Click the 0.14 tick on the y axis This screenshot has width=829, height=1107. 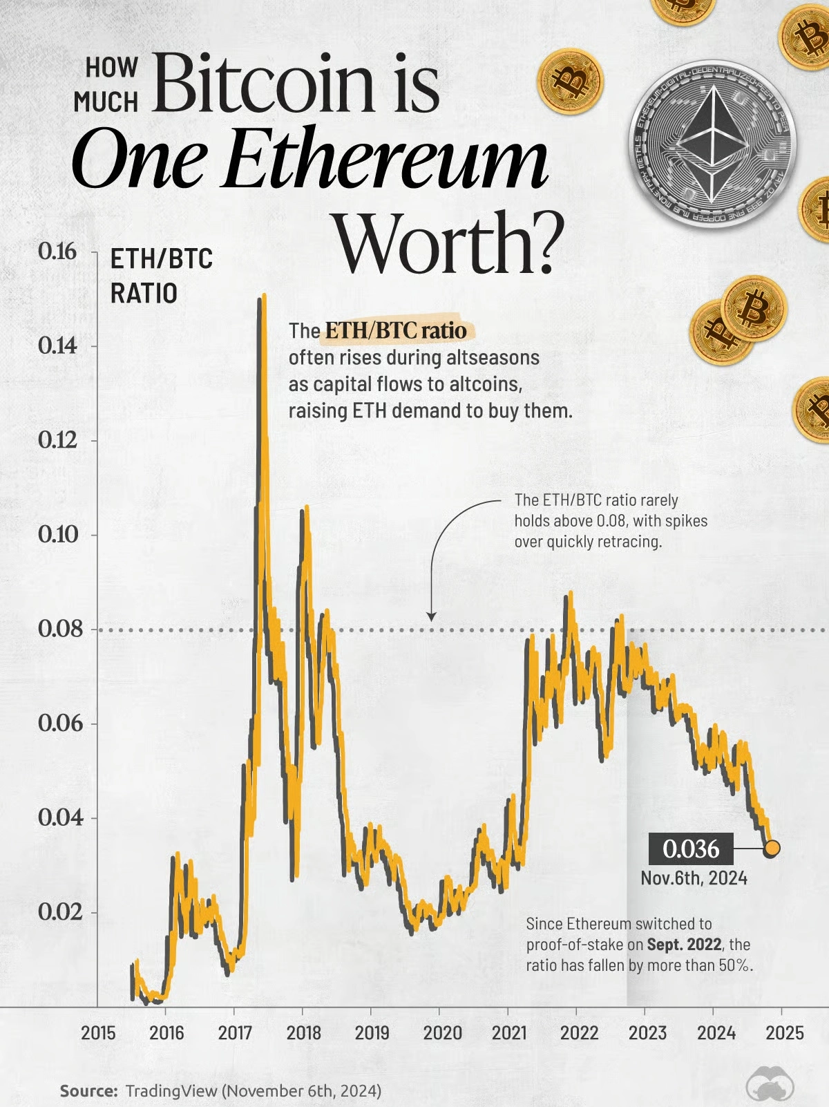(x=58, y=346)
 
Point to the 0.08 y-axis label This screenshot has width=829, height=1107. (x=60, y=629)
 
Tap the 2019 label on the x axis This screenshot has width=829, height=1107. (x=372, y=1033)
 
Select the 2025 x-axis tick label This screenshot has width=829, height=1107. (x=784, y=1033)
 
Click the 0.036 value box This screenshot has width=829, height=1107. (x=690, y=849)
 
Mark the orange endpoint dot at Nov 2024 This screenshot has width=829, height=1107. (x=772, y=848)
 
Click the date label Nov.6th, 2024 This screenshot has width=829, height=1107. (x=694, y=878)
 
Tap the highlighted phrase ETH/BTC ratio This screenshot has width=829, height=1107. (x=396, y=330)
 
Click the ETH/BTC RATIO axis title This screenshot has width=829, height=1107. (x=161, y=276)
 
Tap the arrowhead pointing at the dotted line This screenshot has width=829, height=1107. (x=431, y=616)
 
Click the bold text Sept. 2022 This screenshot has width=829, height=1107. (x=684, y=945)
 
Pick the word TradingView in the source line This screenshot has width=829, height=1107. (x=171, y=1091)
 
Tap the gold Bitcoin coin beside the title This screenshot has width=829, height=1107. (x=570, y=82)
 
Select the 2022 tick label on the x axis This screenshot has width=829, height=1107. (x=579, y=1033)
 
